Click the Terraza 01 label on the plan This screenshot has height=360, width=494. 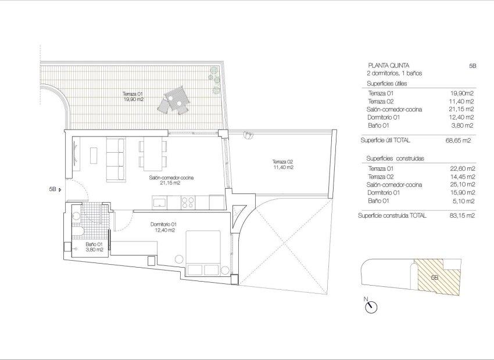tap(133, 96)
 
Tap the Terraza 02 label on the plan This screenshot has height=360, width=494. tap(282, 164)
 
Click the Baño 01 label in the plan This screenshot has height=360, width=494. tap(94, 247)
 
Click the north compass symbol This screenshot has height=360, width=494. tap(371, 307)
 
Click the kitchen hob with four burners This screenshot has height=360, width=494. tap(188, 202)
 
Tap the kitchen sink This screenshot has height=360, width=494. tap(159, 202)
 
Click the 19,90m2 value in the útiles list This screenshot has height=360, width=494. tap(462, 93)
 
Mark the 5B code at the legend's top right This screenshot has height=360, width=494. tap(472, 66)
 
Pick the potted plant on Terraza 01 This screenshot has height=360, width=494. tap(214, 72)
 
